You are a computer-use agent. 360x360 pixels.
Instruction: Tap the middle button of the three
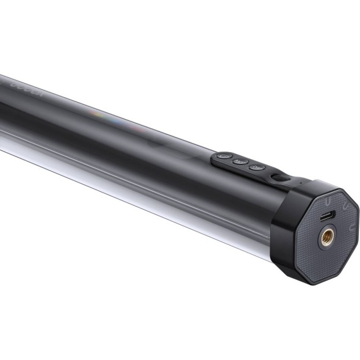[240, 162]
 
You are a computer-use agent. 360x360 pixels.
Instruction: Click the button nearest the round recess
[257, 167]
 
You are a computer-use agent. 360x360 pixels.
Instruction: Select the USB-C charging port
[328, 216]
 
